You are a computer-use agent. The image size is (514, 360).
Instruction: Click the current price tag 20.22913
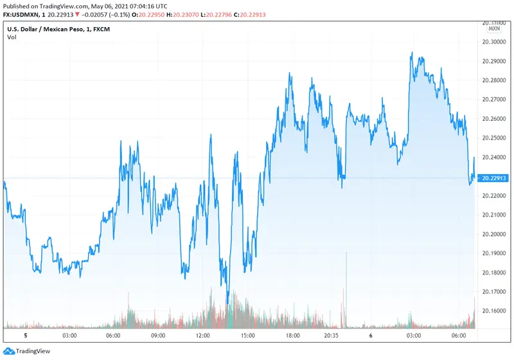493,177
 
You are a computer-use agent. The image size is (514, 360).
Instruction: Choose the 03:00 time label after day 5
69,336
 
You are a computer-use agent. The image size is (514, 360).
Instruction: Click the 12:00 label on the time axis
203,336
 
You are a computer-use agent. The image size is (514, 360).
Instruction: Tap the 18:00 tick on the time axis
293,336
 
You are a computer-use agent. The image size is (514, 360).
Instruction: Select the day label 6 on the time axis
371,336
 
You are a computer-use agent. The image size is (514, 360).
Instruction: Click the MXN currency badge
494,28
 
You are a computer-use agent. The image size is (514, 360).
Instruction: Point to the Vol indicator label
12,37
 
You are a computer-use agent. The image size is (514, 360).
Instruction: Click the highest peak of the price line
411,53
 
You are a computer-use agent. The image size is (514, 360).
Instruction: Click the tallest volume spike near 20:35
346,253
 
